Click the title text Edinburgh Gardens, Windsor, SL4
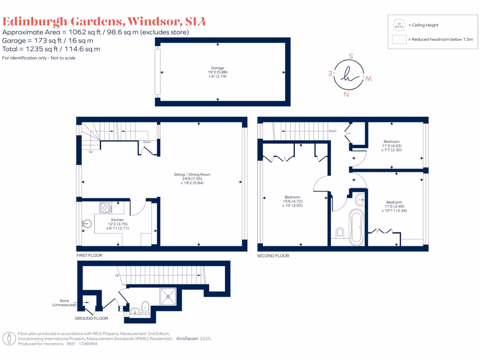[104, 21]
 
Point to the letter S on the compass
[351, 55]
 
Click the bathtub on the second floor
[357, 228]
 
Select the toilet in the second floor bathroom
[340, 232]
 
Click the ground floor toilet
[145, 307]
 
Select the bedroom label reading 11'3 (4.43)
[391, 145]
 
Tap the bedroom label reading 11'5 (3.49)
[393, 206]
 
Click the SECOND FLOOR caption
[273, 256]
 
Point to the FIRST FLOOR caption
[89, 255]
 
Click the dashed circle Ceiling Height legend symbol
[399, 24]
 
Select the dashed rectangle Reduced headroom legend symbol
[399, 39]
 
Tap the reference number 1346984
[89, 344]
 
